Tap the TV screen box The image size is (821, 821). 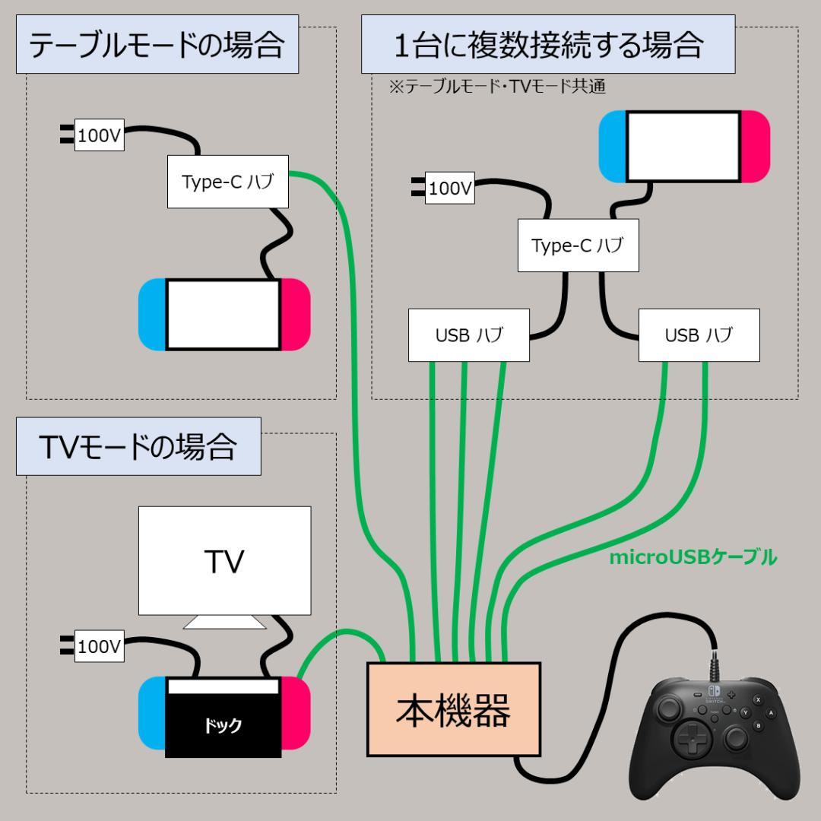click(x=225, y=561)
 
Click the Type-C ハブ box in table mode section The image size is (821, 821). click(x=228, y=182)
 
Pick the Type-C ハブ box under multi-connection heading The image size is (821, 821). click(x=578, y=246)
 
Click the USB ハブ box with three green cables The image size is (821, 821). click(x=469, y=335)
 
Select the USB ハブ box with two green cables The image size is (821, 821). click(x=699, y=335)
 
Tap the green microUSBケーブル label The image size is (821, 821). click(x=693, y=558)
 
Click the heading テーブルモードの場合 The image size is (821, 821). click(x=157, y=46)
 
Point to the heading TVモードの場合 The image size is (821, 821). click(x=138, y=448)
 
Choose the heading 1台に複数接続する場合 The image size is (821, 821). click(x=548, y=46)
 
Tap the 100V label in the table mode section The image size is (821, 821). click(x=99, y=137)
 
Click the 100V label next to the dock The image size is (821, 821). click(x=99, y=647)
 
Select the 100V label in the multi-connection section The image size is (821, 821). click(x=450, y=188)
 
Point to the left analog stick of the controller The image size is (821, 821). click(x=668, y=708)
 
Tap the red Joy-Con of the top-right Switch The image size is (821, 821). click(x=755, y=147)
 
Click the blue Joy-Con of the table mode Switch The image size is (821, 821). click(x=152, y=315)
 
